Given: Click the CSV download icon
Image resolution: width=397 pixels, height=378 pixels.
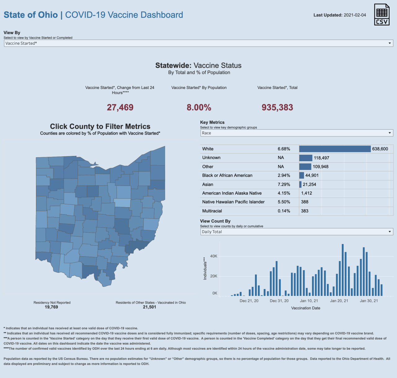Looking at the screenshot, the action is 382,15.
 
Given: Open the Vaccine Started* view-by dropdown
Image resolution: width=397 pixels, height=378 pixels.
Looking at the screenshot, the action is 198,43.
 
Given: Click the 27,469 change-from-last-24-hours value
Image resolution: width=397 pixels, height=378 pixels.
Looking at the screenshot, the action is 120,107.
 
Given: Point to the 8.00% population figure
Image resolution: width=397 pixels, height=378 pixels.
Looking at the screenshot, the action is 199,107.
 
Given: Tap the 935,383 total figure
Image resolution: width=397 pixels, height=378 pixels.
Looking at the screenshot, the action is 277,107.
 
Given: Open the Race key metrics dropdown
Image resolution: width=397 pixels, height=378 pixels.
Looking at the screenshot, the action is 297,133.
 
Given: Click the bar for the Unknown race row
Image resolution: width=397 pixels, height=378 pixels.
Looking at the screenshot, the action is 306,158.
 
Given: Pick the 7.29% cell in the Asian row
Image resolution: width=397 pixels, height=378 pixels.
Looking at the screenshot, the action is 284,185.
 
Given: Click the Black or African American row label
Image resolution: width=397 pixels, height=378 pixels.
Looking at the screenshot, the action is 227,175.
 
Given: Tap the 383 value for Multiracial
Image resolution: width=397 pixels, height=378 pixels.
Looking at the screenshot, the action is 305,211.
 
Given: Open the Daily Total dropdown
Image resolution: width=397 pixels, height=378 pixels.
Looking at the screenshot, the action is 297,232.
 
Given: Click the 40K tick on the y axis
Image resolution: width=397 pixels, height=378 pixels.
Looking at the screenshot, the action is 214,256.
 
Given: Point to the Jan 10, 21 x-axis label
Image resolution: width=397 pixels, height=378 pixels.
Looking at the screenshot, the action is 309,301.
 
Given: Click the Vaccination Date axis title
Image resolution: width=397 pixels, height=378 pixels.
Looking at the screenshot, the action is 306,308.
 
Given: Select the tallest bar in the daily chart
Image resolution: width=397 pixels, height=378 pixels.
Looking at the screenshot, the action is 343,270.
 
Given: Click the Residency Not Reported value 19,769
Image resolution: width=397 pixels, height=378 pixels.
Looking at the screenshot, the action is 51,307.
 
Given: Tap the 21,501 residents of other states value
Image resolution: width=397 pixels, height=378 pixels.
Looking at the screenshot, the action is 149,307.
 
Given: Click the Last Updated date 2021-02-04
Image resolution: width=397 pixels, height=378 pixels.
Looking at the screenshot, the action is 355,15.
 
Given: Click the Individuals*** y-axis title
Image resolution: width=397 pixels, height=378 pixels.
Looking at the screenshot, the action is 205,268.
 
